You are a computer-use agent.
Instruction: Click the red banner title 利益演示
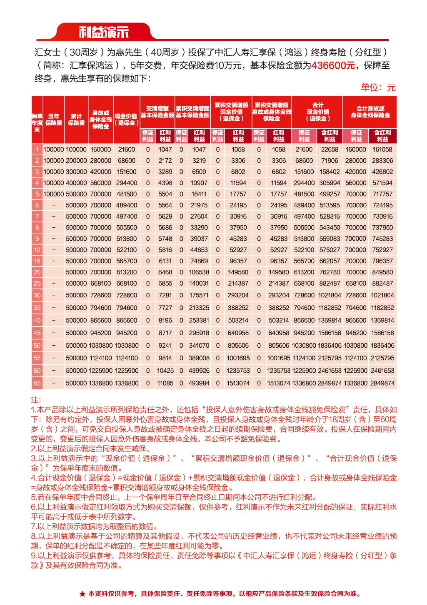[104, 32]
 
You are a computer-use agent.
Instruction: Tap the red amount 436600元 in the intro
[333, 65]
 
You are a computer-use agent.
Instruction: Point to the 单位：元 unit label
[378, 87]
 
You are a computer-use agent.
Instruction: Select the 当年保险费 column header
[54, 120]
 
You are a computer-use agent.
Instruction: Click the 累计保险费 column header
[76, 120]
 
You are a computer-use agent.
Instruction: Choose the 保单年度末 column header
[37, 123]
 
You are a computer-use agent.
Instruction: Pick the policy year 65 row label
[37, 383]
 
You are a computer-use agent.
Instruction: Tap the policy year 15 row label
[37, 261]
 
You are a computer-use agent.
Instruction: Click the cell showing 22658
[330, 149]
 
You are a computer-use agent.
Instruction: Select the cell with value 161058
[382, 149]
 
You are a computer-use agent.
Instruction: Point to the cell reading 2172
[165, 161]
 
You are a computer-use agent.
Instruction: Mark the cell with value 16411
[199, 194]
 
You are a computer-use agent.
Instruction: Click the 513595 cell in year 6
[330, 205]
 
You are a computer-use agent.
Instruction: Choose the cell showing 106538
[199, 272]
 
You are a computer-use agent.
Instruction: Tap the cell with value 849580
[382, 272]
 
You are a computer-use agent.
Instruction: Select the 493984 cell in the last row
[199, 383]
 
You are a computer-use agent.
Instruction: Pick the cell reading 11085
[165, 383]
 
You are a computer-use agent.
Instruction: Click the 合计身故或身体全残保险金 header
[370, 112]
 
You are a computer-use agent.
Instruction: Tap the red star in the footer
[82, 594]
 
